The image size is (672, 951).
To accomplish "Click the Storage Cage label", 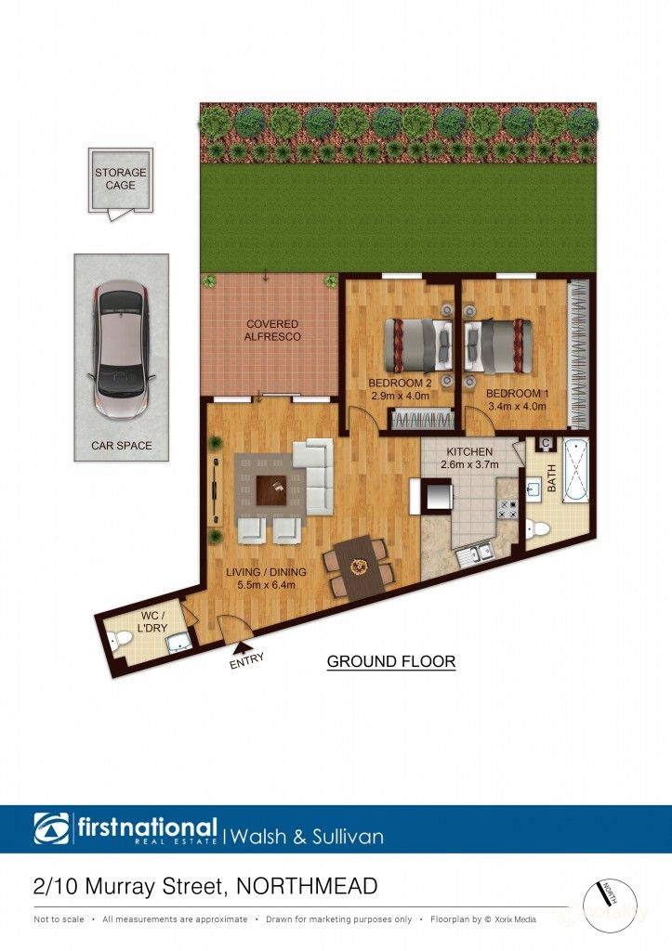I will click(120, 178).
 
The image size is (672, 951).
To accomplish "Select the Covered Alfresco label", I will click(273, 330).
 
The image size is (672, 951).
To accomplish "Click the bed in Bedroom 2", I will click(417, 345).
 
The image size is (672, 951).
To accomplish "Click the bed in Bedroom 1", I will click(499, 345).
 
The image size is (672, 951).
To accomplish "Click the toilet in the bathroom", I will click(537, 529).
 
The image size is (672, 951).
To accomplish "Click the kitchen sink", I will click(474, 554).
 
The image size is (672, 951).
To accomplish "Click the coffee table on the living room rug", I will click(272, 486).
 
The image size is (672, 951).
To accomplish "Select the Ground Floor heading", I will click(390, 661).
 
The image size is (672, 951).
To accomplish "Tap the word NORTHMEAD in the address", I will click(309, 886).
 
